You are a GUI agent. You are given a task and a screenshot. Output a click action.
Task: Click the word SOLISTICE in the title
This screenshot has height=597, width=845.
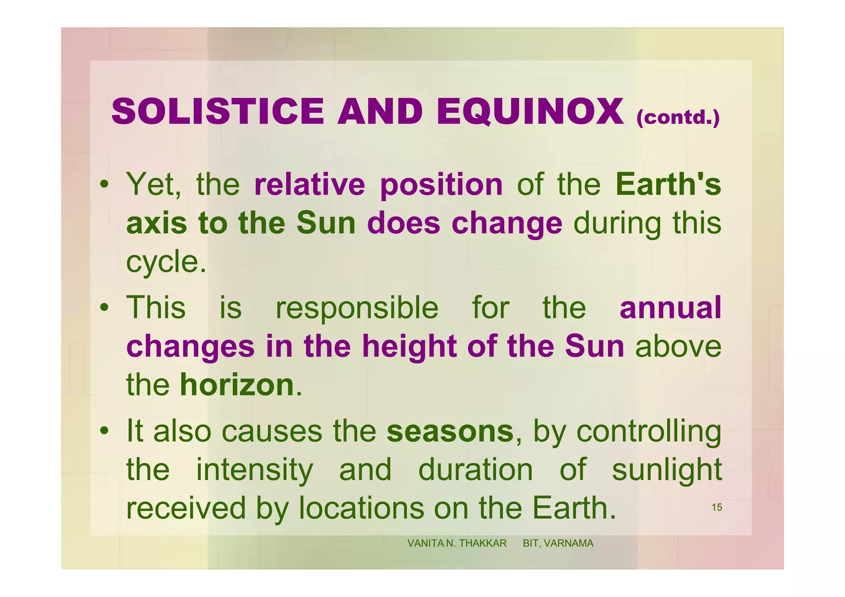pos(217,111)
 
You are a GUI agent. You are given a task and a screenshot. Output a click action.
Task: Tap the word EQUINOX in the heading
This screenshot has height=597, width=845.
pos(530,112)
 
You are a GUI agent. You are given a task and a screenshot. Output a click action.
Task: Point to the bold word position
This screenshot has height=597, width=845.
pos(441,185)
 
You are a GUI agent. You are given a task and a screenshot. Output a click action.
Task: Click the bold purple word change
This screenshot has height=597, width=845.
pos(507,224)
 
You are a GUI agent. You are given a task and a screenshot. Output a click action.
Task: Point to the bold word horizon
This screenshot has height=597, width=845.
pos(236,385)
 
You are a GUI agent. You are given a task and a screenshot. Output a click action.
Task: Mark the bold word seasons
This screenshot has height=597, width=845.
pos(450,431)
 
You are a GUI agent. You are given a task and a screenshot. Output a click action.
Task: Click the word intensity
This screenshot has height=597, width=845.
pos(254,470)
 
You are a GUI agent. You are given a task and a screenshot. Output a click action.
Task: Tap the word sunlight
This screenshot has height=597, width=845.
pos(666,470)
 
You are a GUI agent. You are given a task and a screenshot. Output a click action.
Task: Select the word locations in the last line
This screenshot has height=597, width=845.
pos(361,508)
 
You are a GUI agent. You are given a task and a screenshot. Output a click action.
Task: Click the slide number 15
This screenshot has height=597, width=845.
pos(717,507)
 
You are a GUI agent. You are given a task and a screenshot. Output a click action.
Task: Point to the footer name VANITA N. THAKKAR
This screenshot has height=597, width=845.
pos(457,543)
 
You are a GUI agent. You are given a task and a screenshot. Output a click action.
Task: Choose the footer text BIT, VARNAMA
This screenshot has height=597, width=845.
pos(558,543)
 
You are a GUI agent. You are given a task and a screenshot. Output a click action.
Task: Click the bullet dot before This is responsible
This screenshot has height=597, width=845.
pos(105,308)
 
